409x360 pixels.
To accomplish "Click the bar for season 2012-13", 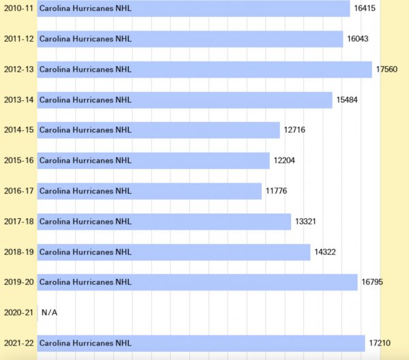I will (x=204, y=70).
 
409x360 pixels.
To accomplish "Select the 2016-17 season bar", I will (x=149, y=191).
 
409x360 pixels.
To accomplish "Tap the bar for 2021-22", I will (x=201, y=343).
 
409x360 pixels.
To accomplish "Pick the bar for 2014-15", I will (x=158, y=130).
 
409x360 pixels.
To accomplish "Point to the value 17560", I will (x=387, y=70).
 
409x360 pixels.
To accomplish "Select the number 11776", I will (x=276, y=191).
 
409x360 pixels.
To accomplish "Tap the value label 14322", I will (x=324, y=252).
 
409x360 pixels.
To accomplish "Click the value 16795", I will (x=372, y=282).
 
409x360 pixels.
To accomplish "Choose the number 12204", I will (x=284, y=161).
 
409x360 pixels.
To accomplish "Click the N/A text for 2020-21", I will (x=49, y=312).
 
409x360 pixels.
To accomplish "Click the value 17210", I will (x=379, y=343).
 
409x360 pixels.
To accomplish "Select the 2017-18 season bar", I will (x=164, y=222).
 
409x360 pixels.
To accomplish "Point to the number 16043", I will (x=358, y=39).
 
